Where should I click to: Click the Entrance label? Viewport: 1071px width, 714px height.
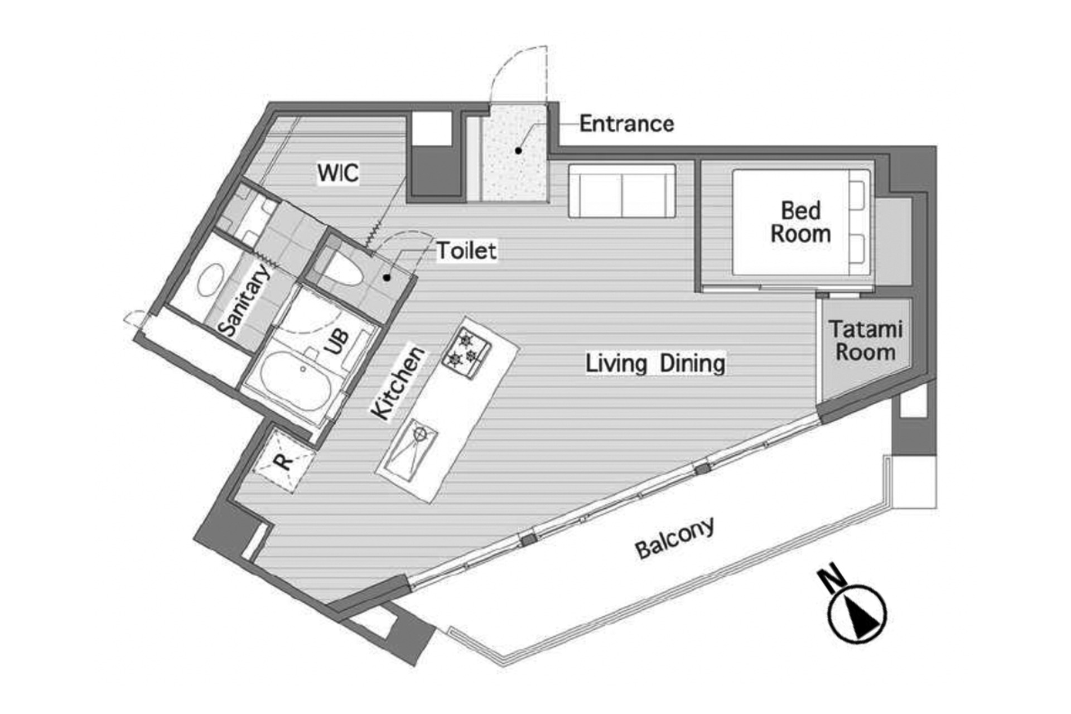click(x=626, y=124)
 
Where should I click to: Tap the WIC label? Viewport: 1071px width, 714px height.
click(x=338, y=173)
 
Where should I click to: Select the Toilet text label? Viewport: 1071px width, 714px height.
click(x=466, y=250)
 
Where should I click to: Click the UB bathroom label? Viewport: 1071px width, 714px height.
click(x=336, y=342)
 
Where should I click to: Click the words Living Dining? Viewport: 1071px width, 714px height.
click(x=655, y=363)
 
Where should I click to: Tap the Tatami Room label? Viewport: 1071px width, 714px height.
click(x=865, y=340)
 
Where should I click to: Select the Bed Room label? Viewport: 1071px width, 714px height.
click(x=801, y=222)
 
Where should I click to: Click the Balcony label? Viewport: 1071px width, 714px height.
click(x=675, y=538)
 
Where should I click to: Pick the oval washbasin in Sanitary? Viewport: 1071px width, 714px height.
click(x=211, y=280)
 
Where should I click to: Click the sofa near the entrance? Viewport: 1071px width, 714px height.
click(x=622, y=190)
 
